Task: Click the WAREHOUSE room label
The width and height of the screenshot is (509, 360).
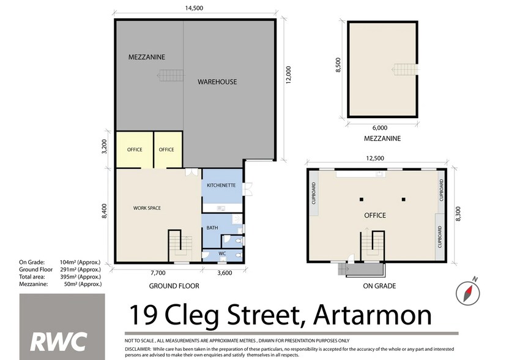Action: (x=217, y=82)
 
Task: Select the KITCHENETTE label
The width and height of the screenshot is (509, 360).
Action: (x=221, y=185)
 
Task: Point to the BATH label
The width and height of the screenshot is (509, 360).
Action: (x=212, y=228)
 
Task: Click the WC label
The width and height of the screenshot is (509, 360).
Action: (x=222, y=253)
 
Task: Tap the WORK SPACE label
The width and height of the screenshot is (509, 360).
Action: (x=147, y=208)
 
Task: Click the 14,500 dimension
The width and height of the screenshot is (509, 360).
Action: (x=194, y=8)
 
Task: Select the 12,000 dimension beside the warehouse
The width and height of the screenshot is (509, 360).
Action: (x=289, y=75)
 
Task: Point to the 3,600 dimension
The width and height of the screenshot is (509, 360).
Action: (x=225, y=273)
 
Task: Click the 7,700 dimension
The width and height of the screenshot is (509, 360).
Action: (x=158, y=273)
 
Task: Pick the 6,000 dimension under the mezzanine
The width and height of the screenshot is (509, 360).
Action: (x=380, y=128)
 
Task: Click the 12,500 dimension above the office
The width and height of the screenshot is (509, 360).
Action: (x=375, y=158)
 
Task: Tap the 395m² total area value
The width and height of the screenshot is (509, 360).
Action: (x=68, y=277)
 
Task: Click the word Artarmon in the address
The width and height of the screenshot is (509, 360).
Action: (x=373, y=315)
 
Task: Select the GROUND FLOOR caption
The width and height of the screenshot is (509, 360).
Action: (x=174, y=286)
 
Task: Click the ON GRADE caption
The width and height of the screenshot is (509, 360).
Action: (x=379, y=286)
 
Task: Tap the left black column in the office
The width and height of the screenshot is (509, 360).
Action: (x=362, y=200)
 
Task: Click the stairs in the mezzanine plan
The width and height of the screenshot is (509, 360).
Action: (x=406, y=70)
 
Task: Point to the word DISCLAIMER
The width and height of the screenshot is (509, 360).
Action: (x=138, y=349)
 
